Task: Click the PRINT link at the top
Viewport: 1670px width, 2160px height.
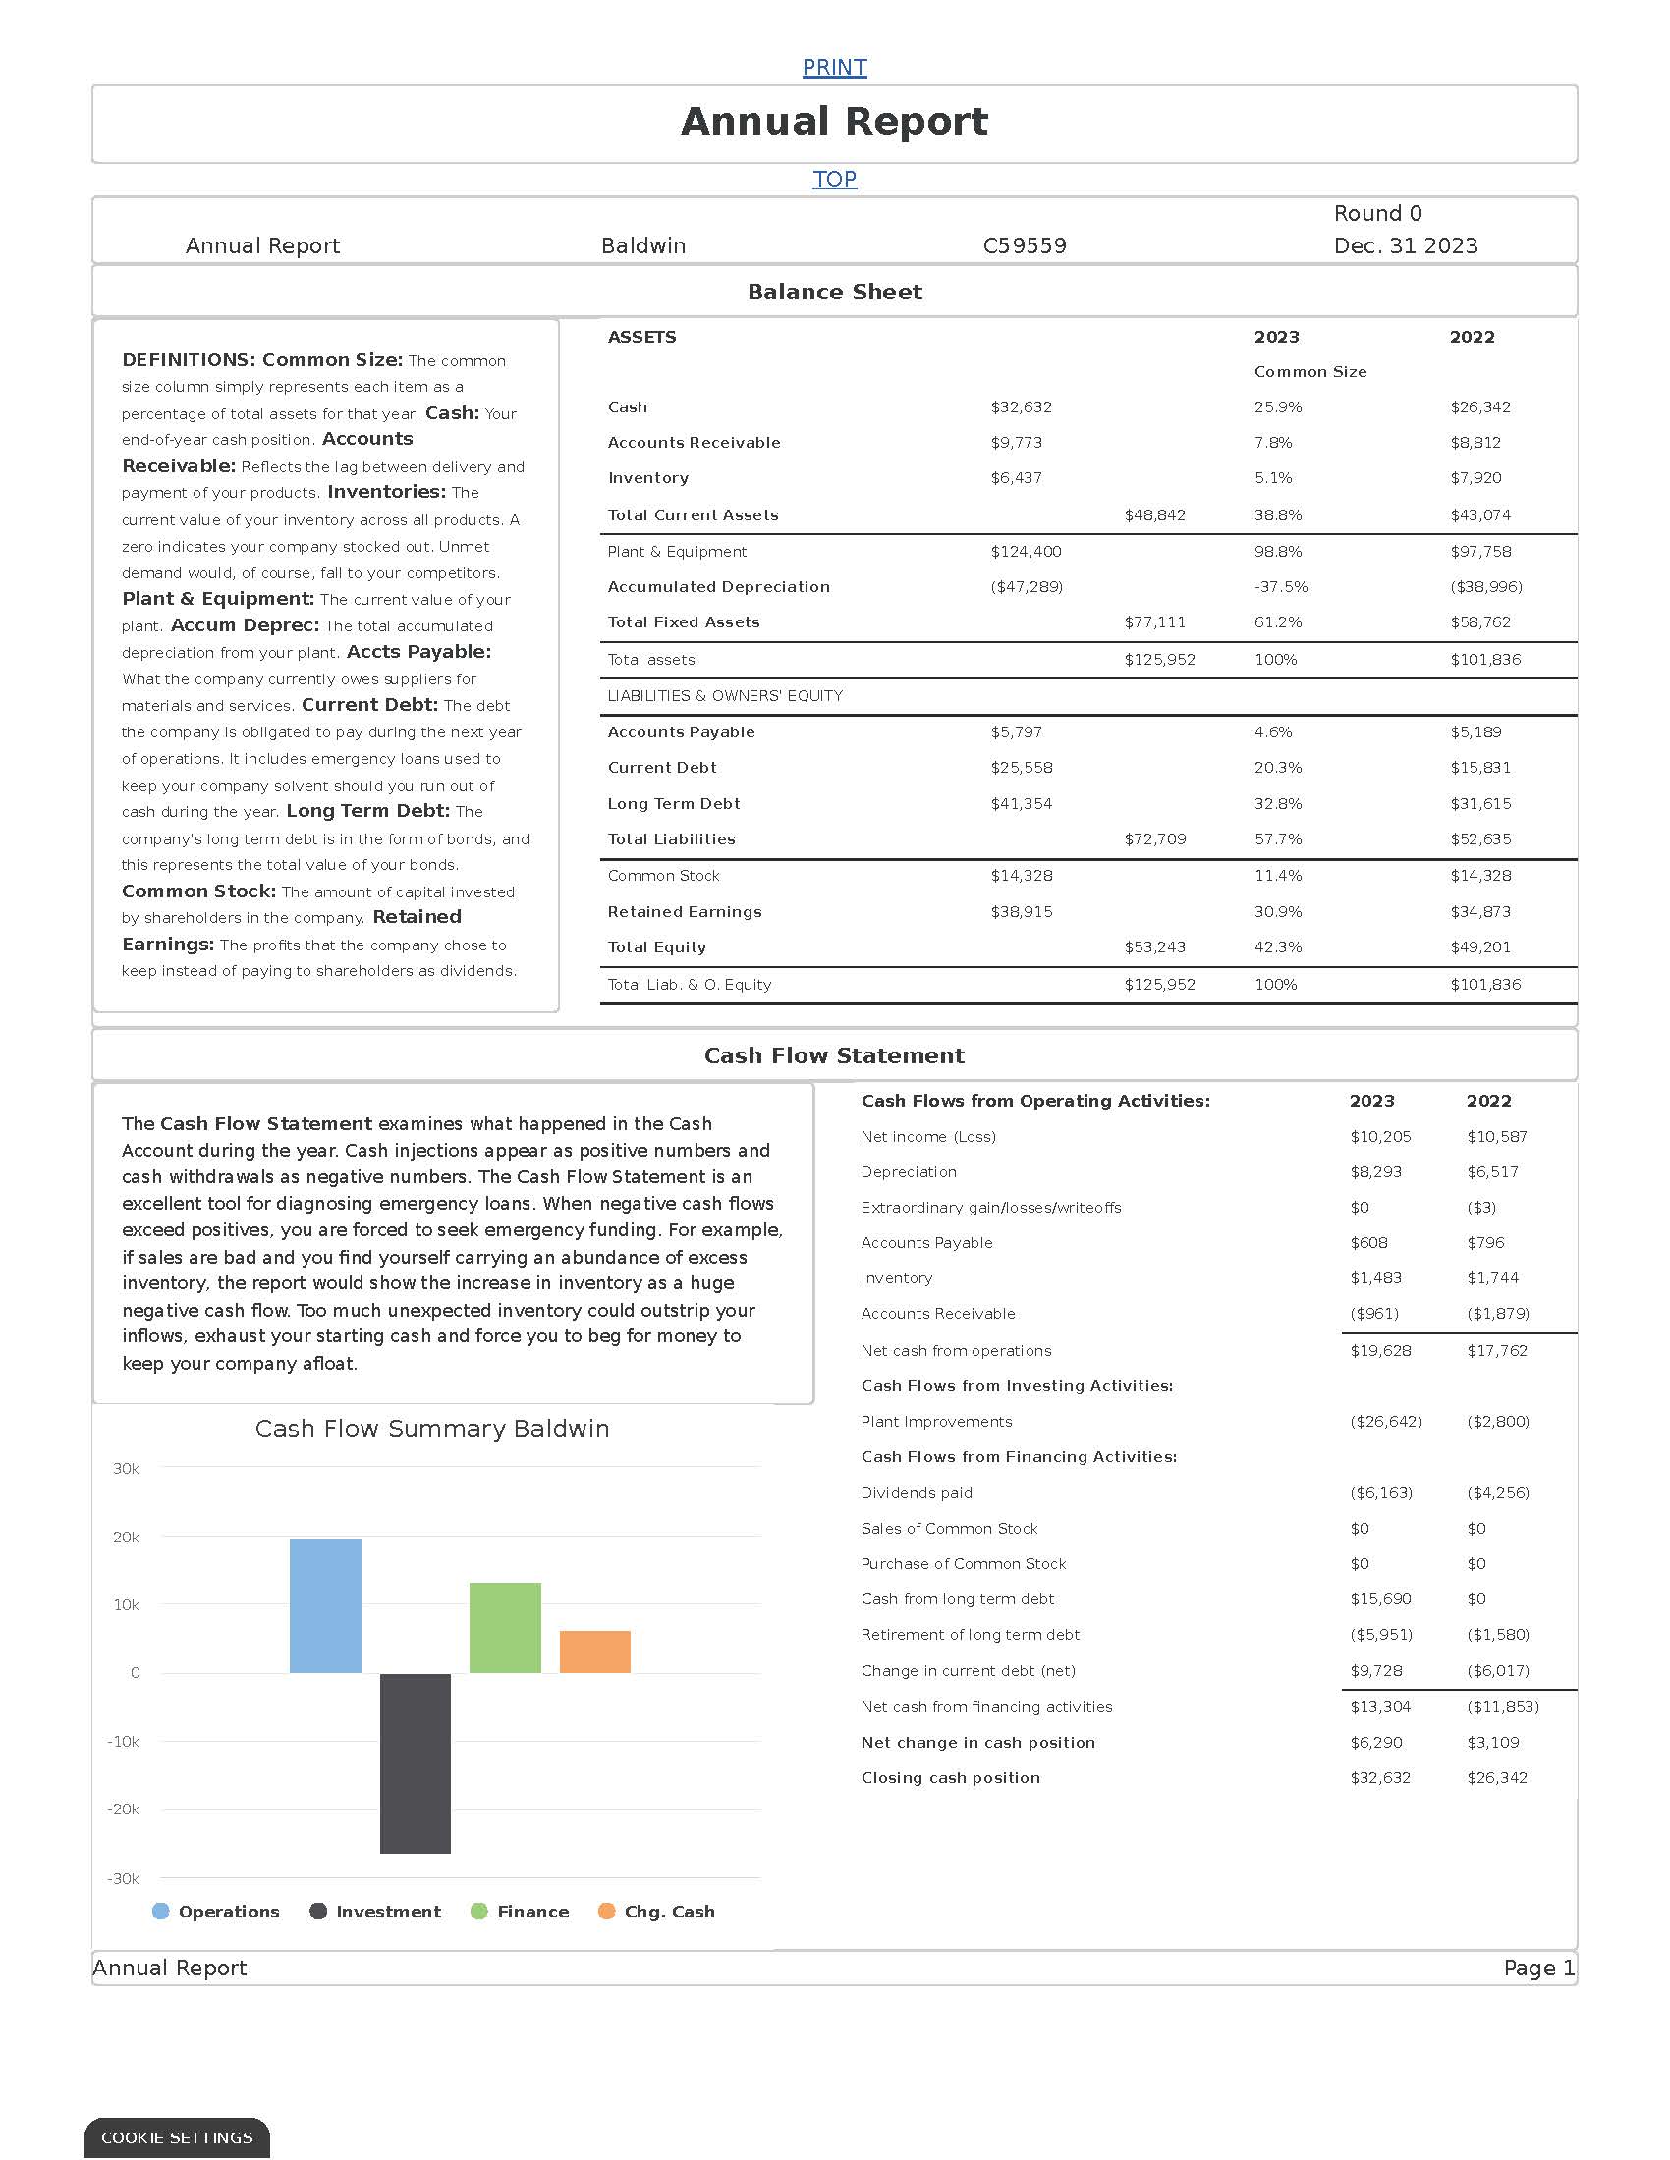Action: (834, 67)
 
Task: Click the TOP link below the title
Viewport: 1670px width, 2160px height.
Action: (834, 179)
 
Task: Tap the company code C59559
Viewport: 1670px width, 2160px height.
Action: (1024, 245)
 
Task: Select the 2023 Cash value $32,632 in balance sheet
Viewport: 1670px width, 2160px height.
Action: (1021, 407)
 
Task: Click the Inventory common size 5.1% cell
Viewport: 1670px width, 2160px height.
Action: (1272, 478)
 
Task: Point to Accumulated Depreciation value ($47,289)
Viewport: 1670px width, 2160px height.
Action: (1026, 586)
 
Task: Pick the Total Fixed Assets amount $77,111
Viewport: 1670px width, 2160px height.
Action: (1153, 622)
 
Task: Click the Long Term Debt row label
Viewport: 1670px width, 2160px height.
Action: (673, 804)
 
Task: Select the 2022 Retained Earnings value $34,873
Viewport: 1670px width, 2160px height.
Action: (1480, 912)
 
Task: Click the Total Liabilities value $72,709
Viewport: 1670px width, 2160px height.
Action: (1154, 838)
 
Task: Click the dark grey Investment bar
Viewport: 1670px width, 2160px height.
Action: (415, 1762)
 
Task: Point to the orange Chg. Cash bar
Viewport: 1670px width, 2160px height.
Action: (594, 1651)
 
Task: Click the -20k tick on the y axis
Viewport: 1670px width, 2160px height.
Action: (124, 1809)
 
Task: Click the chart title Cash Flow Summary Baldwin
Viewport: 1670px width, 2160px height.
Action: (431, 1430)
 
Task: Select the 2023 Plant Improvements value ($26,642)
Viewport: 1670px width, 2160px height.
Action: (1385, 1422)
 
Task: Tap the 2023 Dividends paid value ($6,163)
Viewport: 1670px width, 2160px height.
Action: (1380, 1492)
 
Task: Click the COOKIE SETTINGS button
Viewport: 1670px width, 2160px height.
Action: (177, 2137)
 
